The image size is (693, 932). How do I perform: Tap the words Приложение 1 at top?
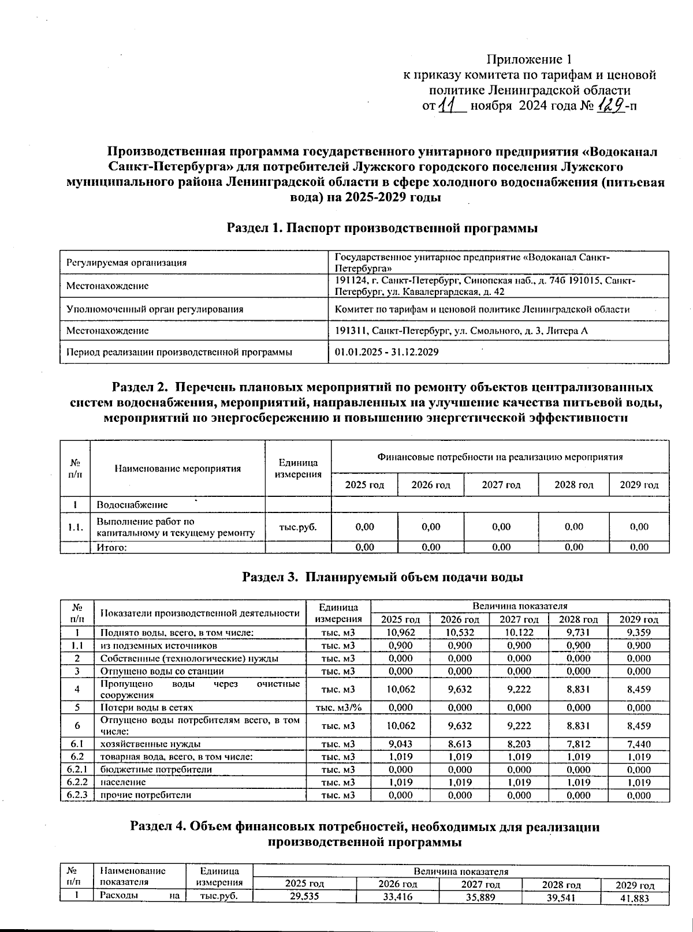[x=530, y=59]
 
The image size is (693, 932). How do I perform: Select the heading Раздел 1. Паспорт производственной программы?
[x=382, y=229]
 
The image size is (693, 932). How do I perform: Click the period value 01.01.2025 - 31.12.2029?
[x=387, y=351]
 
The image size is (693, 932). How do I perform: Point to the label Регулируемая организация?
[x=126, y=263]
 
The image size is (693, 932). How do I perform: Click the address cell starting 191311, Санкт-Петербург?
[x=461, y=331]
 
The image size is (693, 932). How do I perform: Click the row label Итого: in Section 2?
[x=111, y=548]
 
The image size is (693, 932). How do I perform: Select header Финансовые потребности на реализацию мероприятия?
[x=500, y=457]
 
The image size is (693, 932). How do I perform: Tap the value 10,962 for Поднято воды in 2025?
[x=400, y=632]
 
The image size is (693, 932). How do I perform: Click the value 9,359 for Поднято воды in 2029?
[x=639, y=632]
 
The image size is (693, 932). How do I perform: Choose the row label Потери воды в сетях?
[x=147, y=707]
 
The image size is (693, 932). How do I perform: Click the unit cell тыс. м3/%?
[x=338, y=707]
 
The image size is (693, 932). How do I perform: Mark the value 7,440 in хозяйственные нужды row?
[x=639, y=744]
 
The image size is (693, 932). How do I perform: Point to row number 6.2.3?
[x=77, y=795]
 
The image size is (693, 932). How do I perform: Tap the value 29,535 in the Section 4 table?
[x=304, y=896]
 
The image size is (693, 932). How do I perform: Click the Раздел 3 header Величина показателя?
[x=520, y=606]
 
